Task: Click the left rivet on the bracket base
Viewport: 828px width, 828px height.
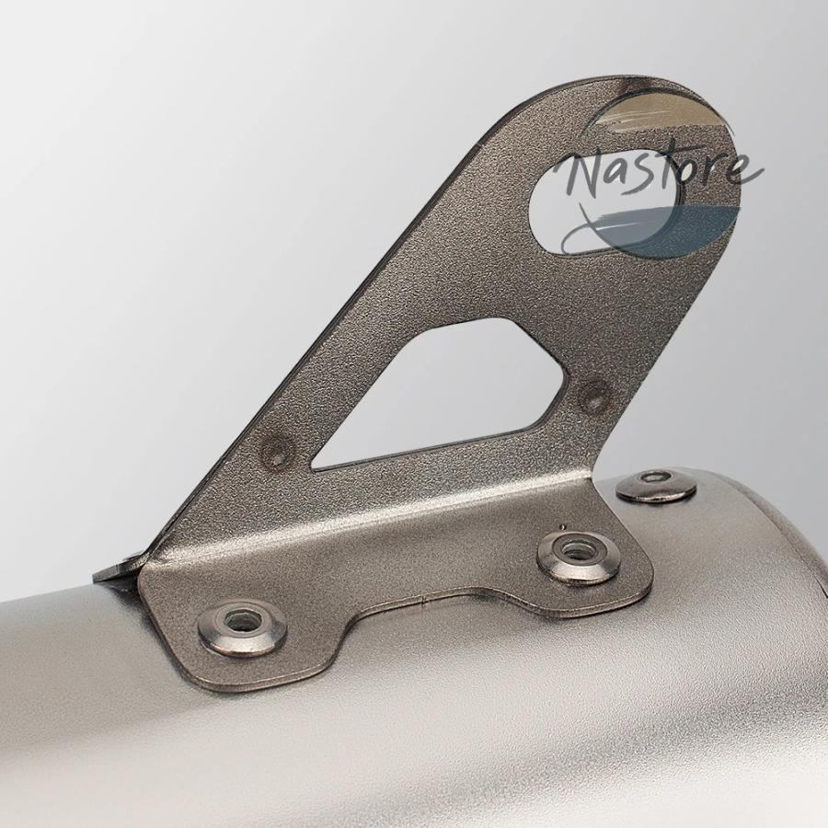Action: pos(242,626)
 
